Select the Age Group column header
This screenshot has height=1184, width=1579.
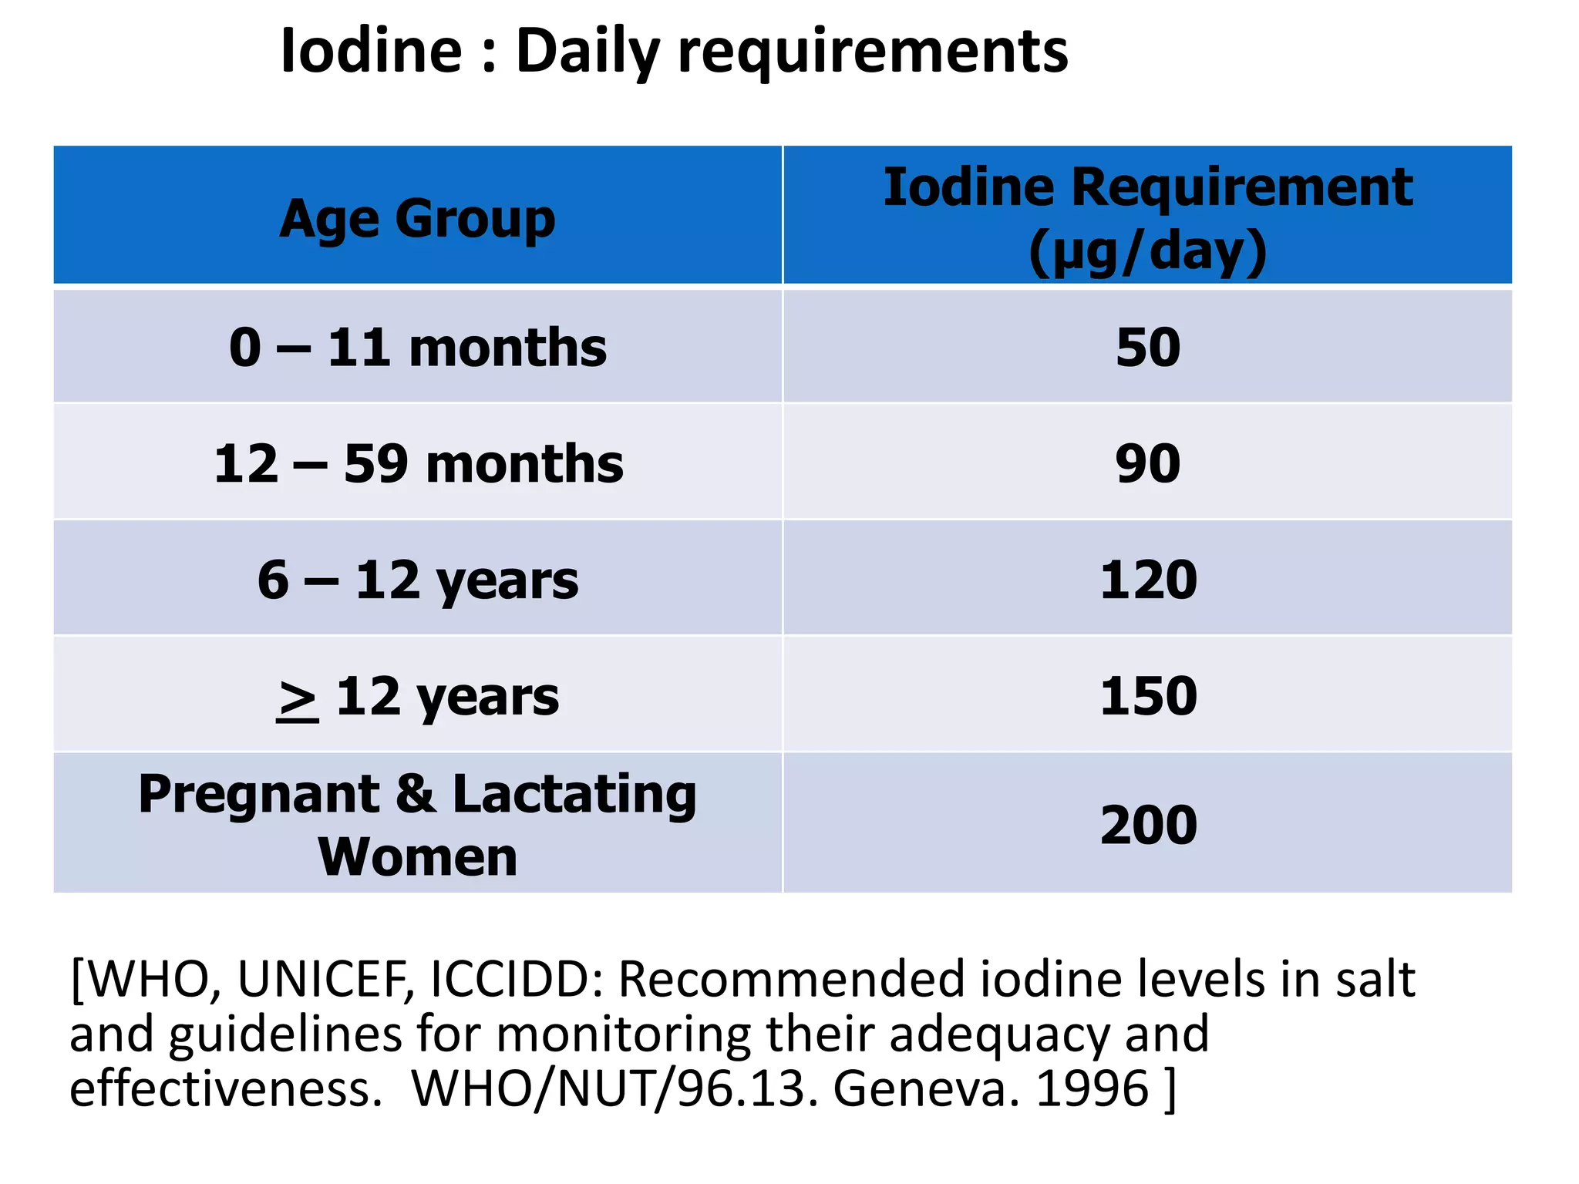[417, 219]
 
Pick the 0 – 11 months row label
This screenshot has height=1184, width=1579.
[417, 348]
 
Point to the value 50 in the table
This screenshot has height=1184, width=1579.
[1147, 348]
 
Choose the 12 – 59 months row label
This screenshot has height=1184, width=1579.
[418, 464]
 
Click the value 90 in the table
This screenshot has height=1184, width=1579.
[1147, 464]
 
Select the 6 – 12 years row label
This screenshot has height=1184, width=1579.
[417, 580]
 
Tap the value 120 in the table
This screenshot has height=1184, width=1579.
[1148, 580]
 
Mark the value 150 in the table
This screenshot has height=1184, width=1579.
[1148, 696]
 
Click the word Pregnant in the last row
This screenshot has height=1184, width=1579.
[259, 794]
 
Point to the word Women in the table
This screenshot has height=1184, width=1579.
[417, 857]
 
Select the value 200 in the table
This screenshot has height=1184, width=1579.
[1148, 826]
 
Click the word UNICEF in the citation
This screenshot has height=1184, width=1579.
[325, 980]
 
